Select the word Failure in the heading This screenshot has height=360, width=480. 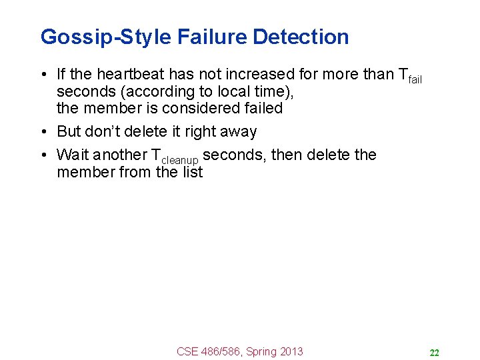coord(213,37)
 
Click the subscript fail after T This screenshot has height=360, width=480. coord(415,80)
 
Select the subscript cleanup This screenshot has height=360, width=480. coord(181,161)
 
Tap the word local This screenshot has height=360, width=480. coord(220,91)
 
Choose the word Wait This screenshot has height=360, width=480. coord(72,155)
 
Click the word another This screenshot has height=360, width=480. coord(121,155)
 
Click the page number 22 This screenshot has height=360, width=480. coord(434,353)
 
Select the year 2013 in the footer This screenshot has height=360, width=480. coord(289,351)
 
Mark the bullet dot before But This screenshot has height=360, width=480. coord(43,131)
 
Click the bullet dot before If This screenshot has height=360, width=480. coord(43,75)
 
